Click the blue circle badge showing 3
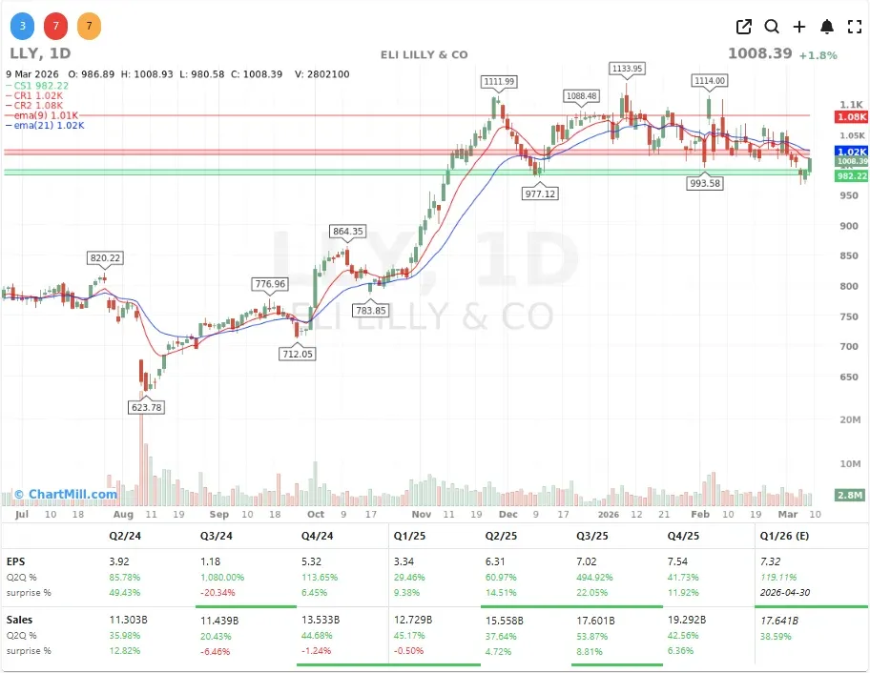pos(22,26)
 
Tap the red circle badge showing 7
pos(55,26)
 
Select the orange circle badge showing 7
pos(89,26)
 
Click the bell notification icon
pos(827,27)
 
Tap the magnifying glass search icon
pos(772,27)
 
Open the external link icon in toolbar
pos(744,27)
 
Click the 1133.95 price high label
pos(627,69)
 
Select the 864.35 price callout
pos(347,231)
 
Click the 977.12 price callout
pos(540,193)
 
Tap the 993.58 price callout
pos(705,183)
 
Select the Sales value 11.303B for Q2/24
pos(129,620)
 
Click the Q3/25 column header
pos(593,536)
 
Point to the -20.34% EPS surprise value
pos(219,592)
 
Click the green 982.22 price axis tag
pos(851,176)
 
